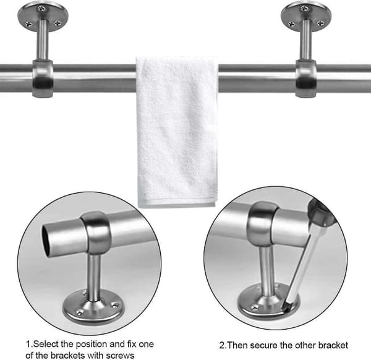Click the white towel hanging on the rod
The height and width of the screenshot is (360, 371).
point(177,131)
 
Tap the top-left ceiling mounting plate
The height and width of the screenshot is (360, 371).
point(43,15)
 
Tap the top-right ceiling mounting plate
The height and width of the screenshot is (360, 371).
point(306,15)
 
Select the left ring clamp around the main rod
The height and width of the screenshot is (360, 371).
point(43,79)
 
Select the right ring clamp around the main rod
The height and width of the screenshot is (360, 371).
point(306,79)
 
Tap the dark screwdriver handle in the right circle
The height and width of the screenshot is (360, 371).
point(322,212)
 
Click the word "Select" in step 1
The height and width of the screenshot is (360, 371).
point(46,344)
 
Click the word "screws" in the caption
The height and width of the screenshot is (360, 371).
point(120,355)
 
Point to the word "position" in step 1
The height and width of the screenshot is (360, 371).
point(93,345)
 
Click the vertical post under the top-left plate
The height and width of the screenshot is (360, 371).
point(43,40)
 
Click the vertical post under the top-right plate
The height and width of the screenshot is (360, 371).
point(306,40)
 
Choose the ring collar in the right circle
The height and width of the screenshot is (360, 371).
point(262,224)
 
